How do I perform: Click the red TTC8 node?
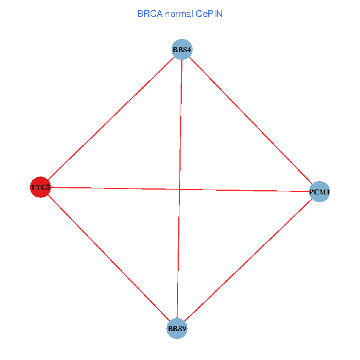pyautogui.click(x=40, y=187)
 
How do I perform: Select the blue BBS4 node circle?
pyautogui.click(x=181, y=49)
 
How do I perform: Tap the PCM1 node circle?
pyautogui.click(x=320, y=192)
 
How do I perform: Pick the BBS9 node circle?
pyautogui.click(x=177, y=329)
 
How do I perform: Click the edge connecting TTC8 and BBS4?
pyautogui.click(x=110, y=118)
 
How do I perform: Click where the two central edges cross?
pyautogui.click(x=179, y=190)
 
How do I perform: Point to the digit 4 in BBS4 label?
pyautogui.click(x=189, y=49)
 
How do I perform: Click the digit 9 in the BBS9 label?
pyautogui.click(x=184, y=329)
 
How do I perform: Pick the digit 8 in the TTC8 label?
pyautogui.click(x=48, y=187)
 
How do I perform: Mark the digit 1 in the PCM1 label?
pyautogui.click(x=328, y=192)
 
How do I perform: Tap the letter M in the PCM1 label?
pyautogui.click(x=322, y=192)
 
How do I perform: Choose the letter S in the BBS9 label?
pyautogui.click(x=179, y=329)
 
